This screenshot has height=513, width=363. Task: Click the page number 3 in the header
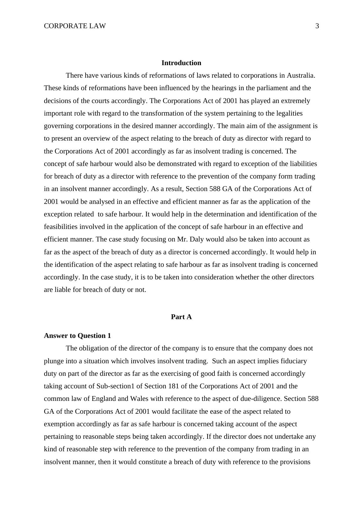coord(317,26)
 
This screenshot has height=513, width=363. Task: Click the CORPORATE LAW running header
coord(75,26)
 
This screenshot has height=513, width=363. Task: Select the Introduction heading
coord(181,63)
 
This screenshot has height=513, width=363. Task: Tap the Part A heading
coord(181,317)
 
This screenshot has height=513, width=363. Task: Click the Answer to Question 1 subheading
coord(77,336)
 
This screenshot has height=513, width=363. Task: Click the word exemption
coord(59,424)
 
